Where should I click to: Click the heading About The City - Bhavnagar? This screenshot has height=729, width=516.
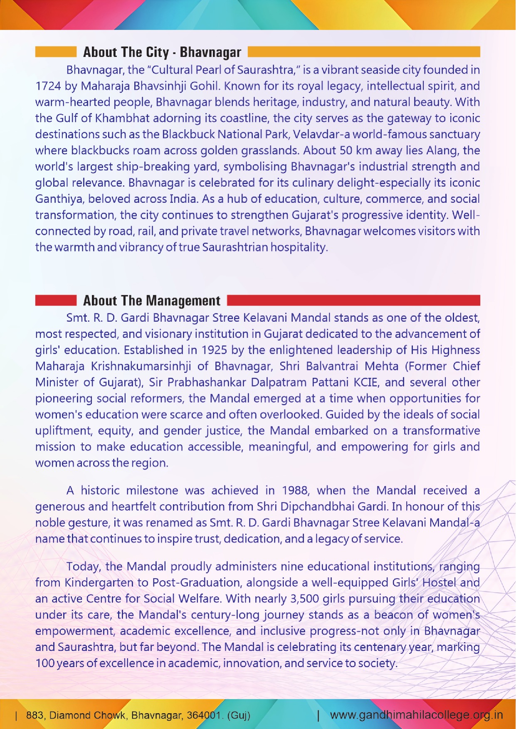coord(162,52)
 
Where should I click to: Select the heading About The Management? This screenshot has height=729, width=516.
coord(152,300)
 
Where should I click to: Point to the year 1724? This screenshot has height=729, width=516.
coord(48,86)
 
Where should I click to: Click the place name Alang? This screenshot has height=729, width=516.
coord(442,150)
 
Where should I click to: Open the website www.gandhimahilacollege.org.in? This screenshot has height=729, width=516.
coord(416,715)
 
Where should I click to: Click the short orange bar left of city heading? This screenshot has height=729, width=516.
coord(56,52)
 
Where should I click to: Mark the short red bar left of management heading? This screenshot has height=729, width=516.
coord(56,300)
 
